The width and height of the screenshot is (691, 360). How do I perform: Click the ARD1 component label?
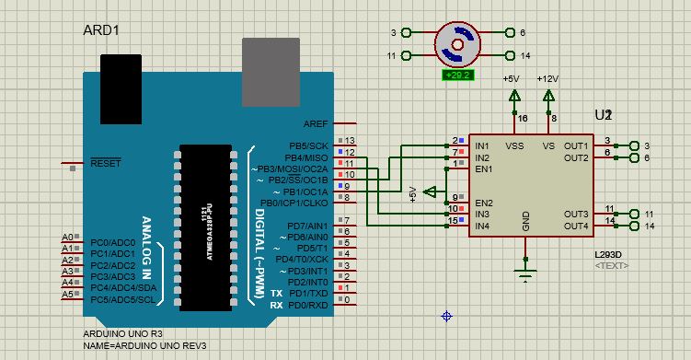tap(101, 30)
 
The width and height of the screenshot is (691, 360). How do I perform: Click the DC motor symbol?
tap(457, 43)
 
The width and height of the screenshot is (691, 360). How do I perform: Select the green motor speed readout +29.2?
tap(457, 75)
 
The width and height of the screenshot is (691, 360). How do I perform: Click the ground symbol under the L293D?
tap(525, 273)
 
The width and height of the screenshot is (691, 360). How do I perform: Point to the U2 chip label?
tap(603, 115)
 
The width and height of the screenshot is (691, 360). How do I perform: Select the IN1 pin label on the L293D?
tap(481, 145)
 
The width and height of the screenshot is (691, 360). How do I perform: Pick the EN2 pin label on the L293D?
tap(482, 203)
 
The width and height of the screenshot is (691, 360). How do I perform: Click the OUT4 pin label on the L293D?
tap(576, 226)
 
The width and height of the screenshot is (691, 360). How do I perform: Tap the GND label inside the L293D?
tap(526, 221)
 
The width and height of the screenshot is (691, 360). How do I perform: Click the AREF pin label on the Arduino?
tap(316, 123)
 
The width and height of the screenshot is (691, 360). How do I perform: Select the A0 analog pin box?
tap(67, 237)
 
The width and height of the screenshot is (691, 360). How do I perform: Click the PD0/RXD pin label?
tap(308, 305)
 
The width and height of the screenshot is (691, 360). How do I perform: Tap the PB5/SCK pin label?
tap(307, 145)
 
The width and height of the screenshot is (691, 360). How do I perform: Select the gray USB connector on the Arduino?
tap(271, 71)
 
